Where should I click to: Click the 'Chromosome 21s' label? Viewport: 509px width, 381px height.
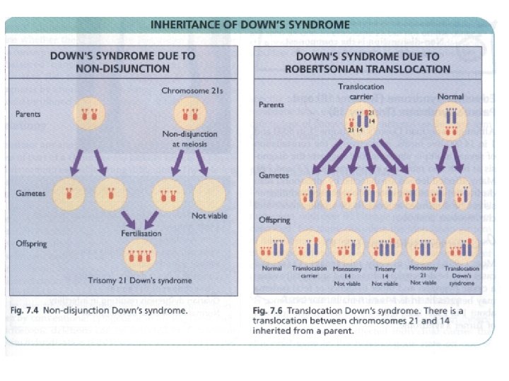pos(189,91)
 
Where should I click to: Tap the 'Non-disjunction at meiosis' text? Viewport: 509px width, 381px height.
pos(189,138)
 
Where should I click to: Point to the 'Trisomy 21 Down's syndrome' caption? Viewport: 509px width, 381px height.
pos(140,280)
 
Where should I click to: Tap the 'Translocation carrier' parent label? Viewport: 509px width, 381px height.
pos(356,91)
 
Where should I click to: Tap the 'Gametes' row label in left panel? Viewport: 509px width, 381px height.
pos(30,193)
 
